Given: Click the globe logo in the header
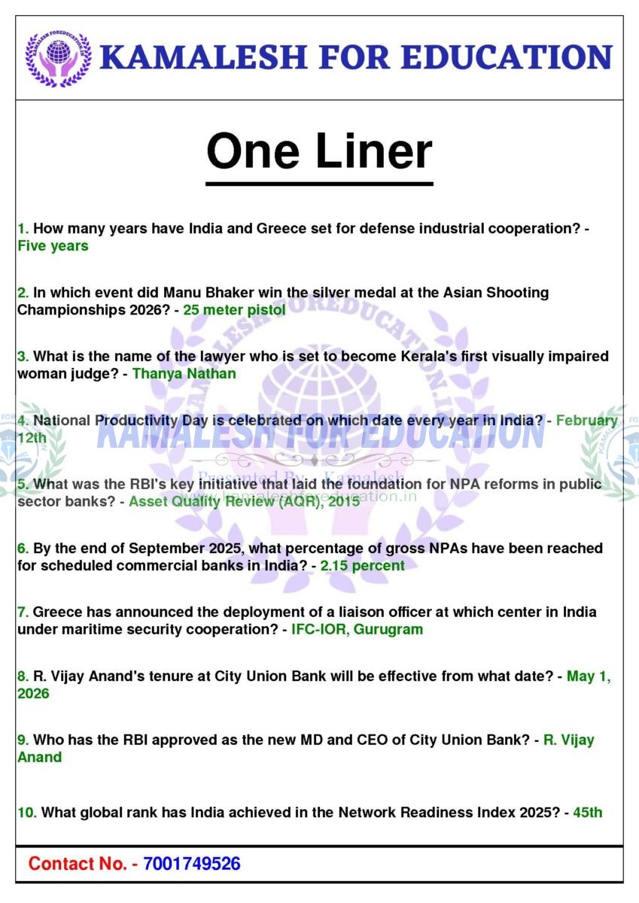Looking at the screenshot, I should pos(58,57).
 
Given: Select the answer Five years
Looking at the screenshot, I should pos(53,246).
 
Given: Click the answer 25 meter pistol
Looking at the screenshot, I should pos(234,309).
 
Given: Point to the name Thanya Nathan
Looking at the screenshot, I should pos(184,373).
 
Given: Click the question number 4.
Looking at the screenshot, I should pos(23,421).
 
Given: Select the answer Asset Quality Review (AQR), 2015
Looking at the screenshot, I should pos(244,501).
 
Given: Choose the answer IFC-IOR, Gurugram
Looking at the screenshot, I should pos(357,629).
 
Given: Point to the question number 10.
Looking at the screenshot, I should pos(27,812).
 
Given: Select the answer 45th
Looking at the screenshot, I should pos(587,812).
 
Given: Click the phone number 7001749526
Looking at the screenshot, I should pos(191,863).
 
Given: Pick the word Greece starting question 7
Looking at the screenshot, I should pos(57,612).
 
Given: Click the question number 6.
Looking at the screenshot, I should pos(23,548).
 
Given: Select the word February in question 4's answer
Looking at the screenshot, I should pos(586,421).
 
